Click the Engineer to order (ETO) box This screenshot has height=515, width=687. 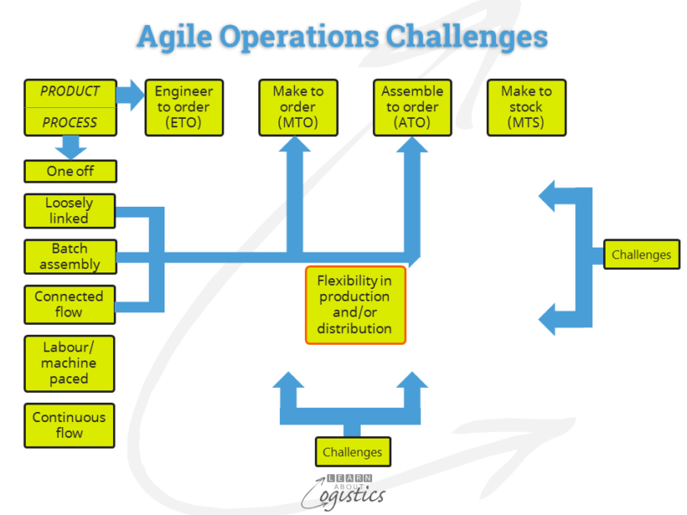(184, 107)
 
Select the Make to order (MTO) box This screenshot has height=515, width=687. (297, 107)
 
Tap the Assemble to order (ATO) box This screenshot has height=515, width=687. (412, 107)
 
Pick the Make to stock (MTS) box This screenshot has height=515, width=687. (526, 107)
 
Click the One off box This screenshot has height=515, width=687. (70, 171)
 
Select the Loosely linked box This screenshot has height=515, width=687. (69, 210)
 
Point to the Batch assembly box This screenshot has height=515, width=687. (69, 256)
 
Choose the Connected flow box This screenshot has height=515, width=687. (69, 304)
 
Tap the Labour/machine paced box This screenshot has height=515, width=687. (69, 363)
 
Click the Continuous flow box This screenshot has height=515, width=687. (69, 425)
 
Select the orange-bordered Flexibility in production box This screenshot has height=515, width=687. (355, 305)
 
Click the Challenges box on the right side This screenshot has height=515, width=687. (640, 254)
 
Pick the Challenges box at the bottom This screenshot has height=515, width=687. (352, 452)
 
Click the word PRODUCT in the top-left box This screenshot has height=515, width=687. (70, 91)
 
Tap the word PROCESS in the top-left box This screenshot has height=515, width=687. (70, 122)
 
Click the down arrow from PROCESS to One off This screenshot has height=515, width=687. (71, 146)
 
